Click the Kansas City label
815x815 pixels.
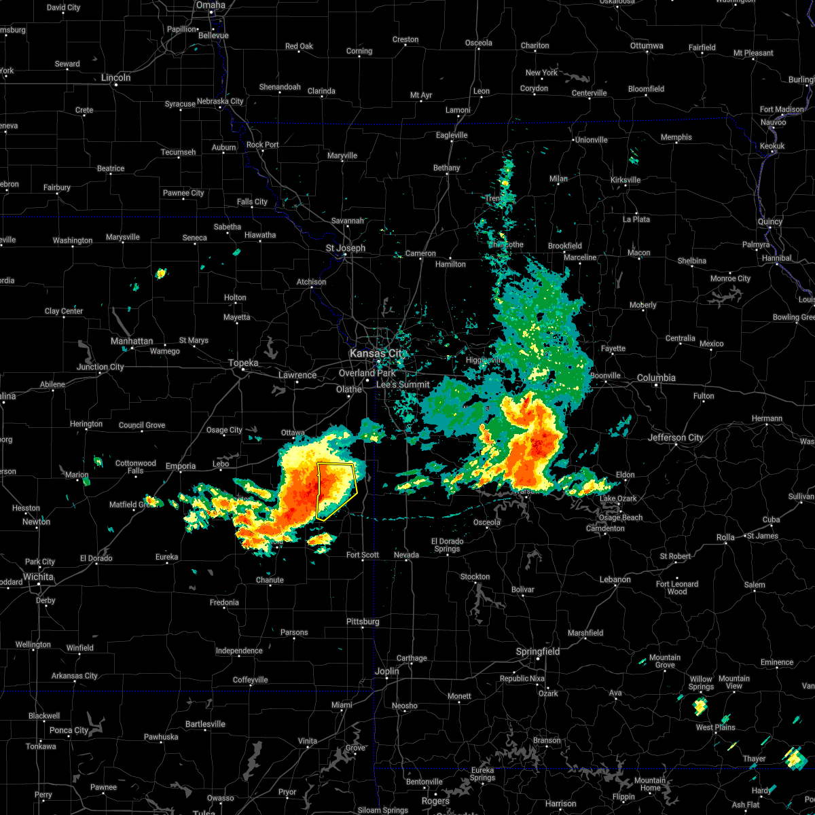[376, 354]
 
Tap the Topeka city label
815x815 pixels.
[243, 363]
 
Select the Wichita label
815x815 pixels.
[38, 577]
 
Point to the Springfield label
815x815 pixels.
[538, 651]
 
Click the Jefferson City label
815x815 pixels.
[675, 437]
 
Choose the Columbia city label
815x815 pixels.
[656, 378]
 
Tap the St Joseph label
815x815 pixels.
[345, 248]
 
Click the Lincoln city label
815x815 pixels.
[115, 77]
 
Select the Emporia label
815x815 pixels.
[181, 466]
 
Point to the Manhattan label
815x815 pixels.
[132, 341]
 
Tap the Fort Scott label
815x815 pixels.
[363, 555]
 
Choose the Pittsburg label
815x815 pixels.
[363, 621]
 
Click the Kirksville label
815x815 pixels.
[625, 180]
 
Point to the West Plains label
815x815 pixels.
[716, 727]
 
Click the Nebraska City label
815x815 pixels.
[220, 101]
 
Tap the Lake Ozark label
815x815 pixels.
[618, 499]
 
